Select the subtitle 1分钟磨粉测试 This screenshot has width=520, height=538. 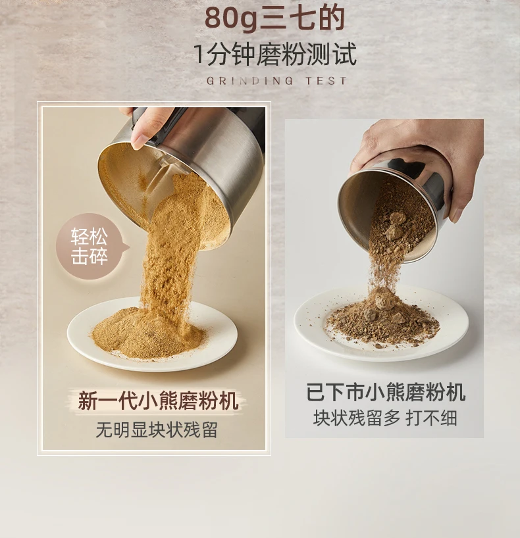(x=275, y=54)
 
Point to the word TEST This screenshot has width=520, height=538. (x=326, y=81)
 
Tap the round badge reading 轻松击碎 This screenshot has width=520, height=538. (x=90, y=247)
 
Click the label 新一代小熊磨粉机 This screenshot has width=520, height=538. (x=158, y=400)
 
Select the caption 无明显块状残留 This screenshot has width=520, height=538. (x=157, y=430)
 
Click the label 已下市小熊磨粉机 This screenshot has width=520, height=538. (x=386, y=393)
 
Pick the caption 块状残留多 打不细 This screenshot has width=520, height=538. (x=385, y=418)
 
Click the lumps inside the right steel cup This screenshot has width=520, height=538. (x=395, y=224)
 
